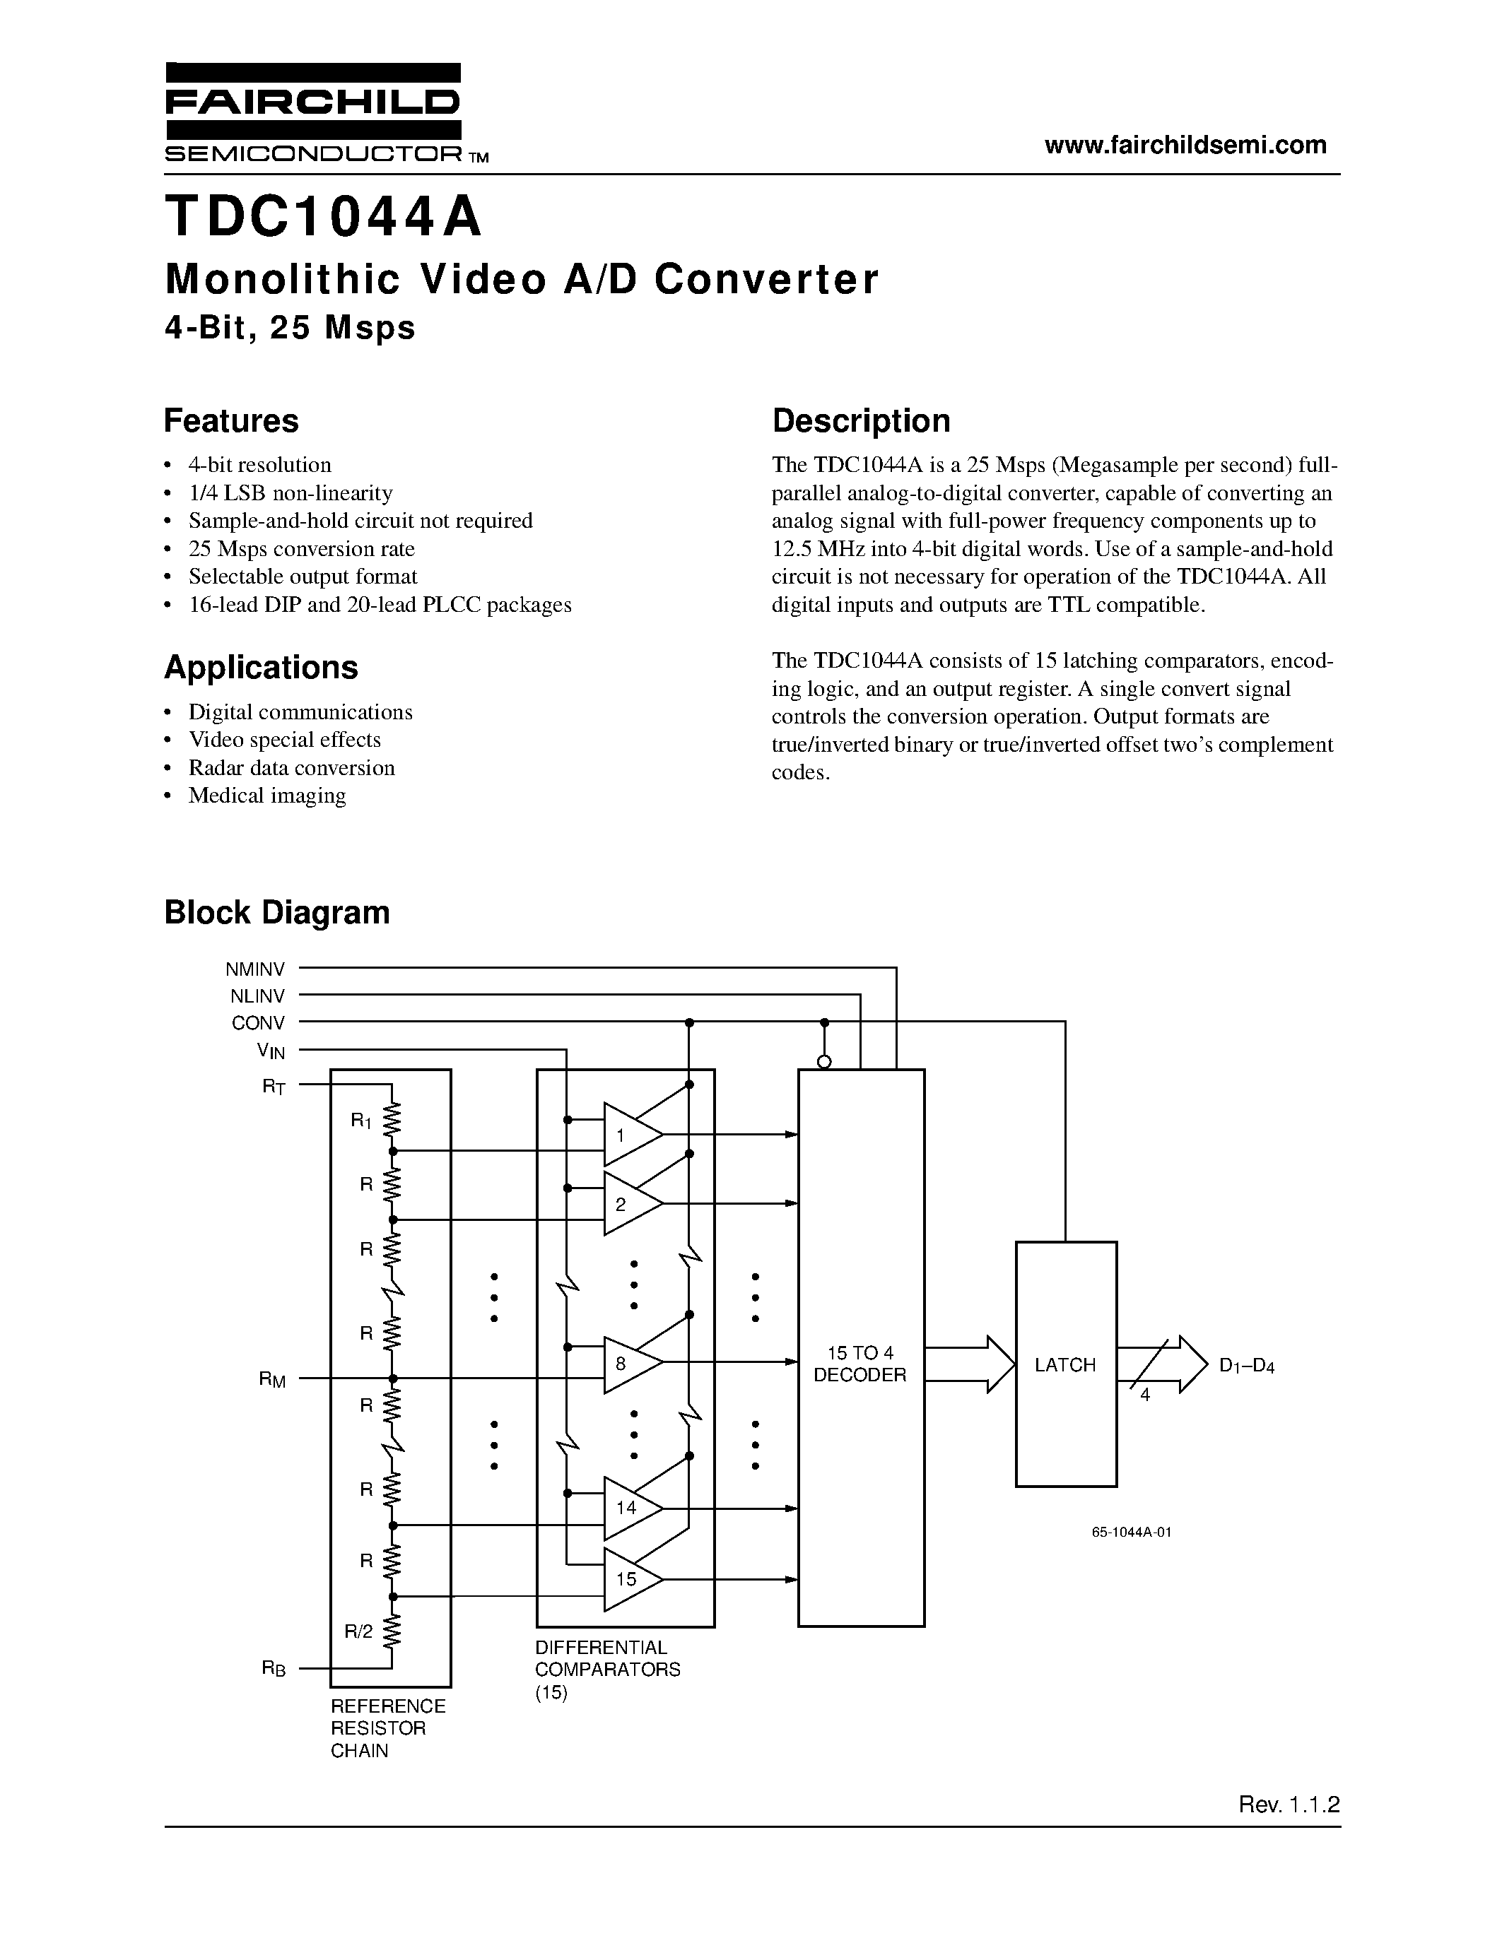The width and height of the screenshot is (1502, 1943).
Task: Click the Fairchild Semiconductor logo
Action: click(313, 113)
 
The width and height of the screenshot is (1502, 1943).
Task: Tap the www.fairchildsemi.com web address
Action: click(1185, 145)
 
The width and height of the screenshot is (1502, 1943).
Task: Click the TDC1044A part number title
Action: click(324, 218)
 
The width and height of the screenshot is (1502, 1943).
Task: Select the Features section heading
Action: click(231, 421)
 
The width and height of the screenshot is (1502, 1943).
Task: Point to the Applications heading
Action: click(261, 667)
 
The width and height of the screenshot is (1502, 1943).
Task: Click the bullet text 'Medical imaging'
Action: click(267, 796)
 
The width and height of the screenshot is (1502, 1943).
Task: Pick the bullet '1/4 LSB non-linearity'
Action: click(290, 493)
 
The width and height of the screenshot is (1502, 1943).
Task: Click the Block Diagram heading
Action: click(277, 913)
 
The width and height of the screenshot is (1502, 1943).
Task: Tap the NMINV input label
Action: click(255, 969)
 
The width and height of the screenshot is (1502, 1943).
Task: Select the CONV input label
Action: click(258, 1023)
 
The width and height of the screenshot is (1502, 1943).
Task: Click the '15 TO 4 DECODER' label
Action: click(859, 1364)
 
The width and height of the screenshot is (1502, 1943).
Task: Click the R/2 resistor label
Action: click(358, 1631)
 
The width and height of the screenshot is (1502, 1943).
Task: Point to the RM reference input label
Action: click(272, 1380)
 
